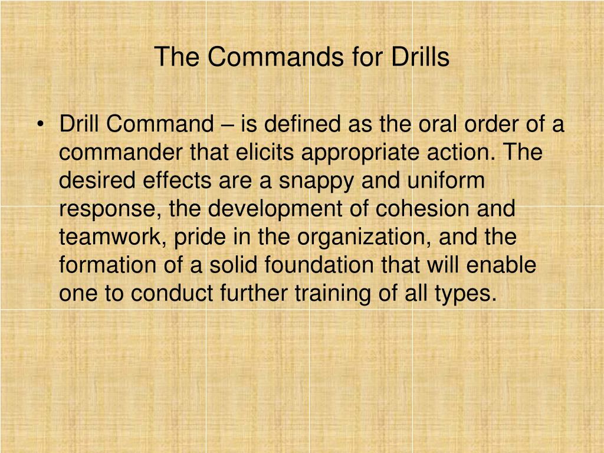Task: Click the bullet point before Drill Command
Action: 41,126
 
